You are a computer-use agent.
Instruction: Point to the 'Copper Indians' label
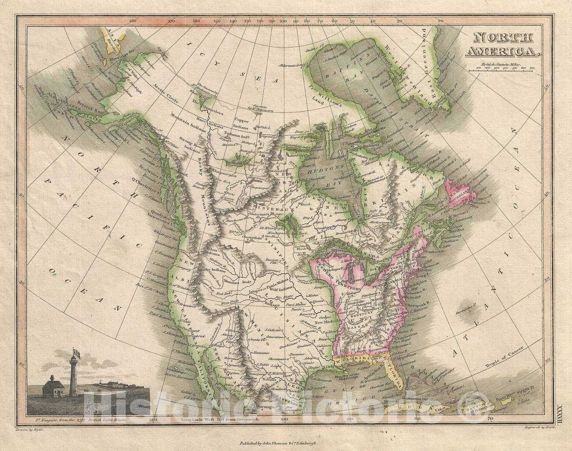(x=243, y=124)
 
